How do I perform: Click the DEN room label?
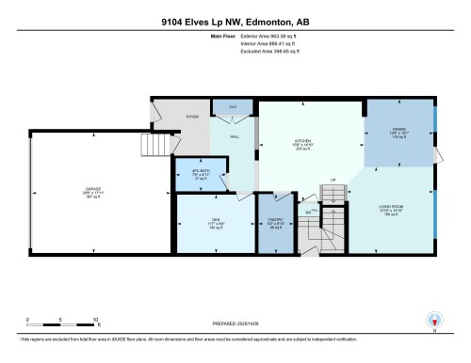tap(216, 220)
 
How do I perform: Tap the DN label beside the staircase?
tap(308, 213)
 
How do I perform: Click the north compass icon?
tap(434, 320)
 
